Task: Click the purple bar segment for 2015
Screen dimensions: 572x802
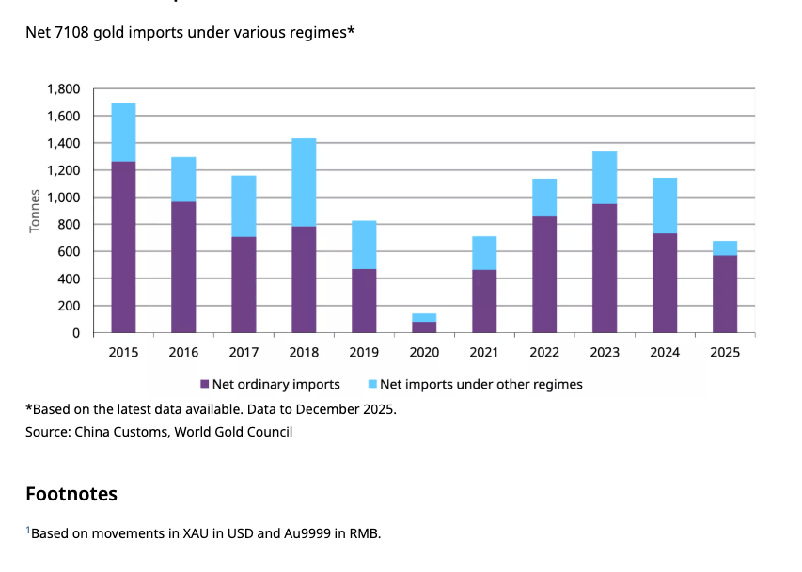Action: coord(123,247)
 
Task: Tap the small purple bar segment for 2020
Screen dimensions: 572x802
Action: coord(424,327)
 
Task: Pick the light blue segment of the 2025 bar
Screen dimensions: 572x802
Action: coord(725,248)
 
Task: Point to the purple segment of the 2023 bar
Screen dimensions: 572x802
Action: coord(605,268)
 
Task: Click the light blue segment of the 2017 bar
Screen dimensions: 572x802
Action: coord(244,206)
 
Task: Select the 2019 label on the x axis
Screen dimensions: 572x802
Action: coord(364,353)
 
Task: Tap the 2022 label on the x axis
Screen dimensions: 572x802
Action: coord(544,353)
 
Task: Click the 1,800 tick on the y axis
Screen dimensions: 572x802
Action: coord(63,89)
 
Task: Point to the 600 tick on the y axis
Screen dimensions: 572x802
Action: coord(70,252)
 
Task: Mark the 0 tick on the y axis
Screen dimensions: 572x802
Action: coord(76,333)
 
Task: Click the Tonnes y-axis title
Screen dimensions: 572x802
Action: coord(35,211)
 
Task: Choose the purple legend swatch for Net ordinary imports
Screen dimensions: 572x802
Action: coord(204,384)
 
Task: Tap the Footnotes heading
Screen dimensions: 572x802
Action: coord(71,493)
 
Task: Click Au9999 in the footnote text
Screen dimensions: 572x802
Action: coord(307,533)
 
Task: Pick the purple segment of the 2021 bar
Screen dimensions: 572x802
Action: coord(484,301)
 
